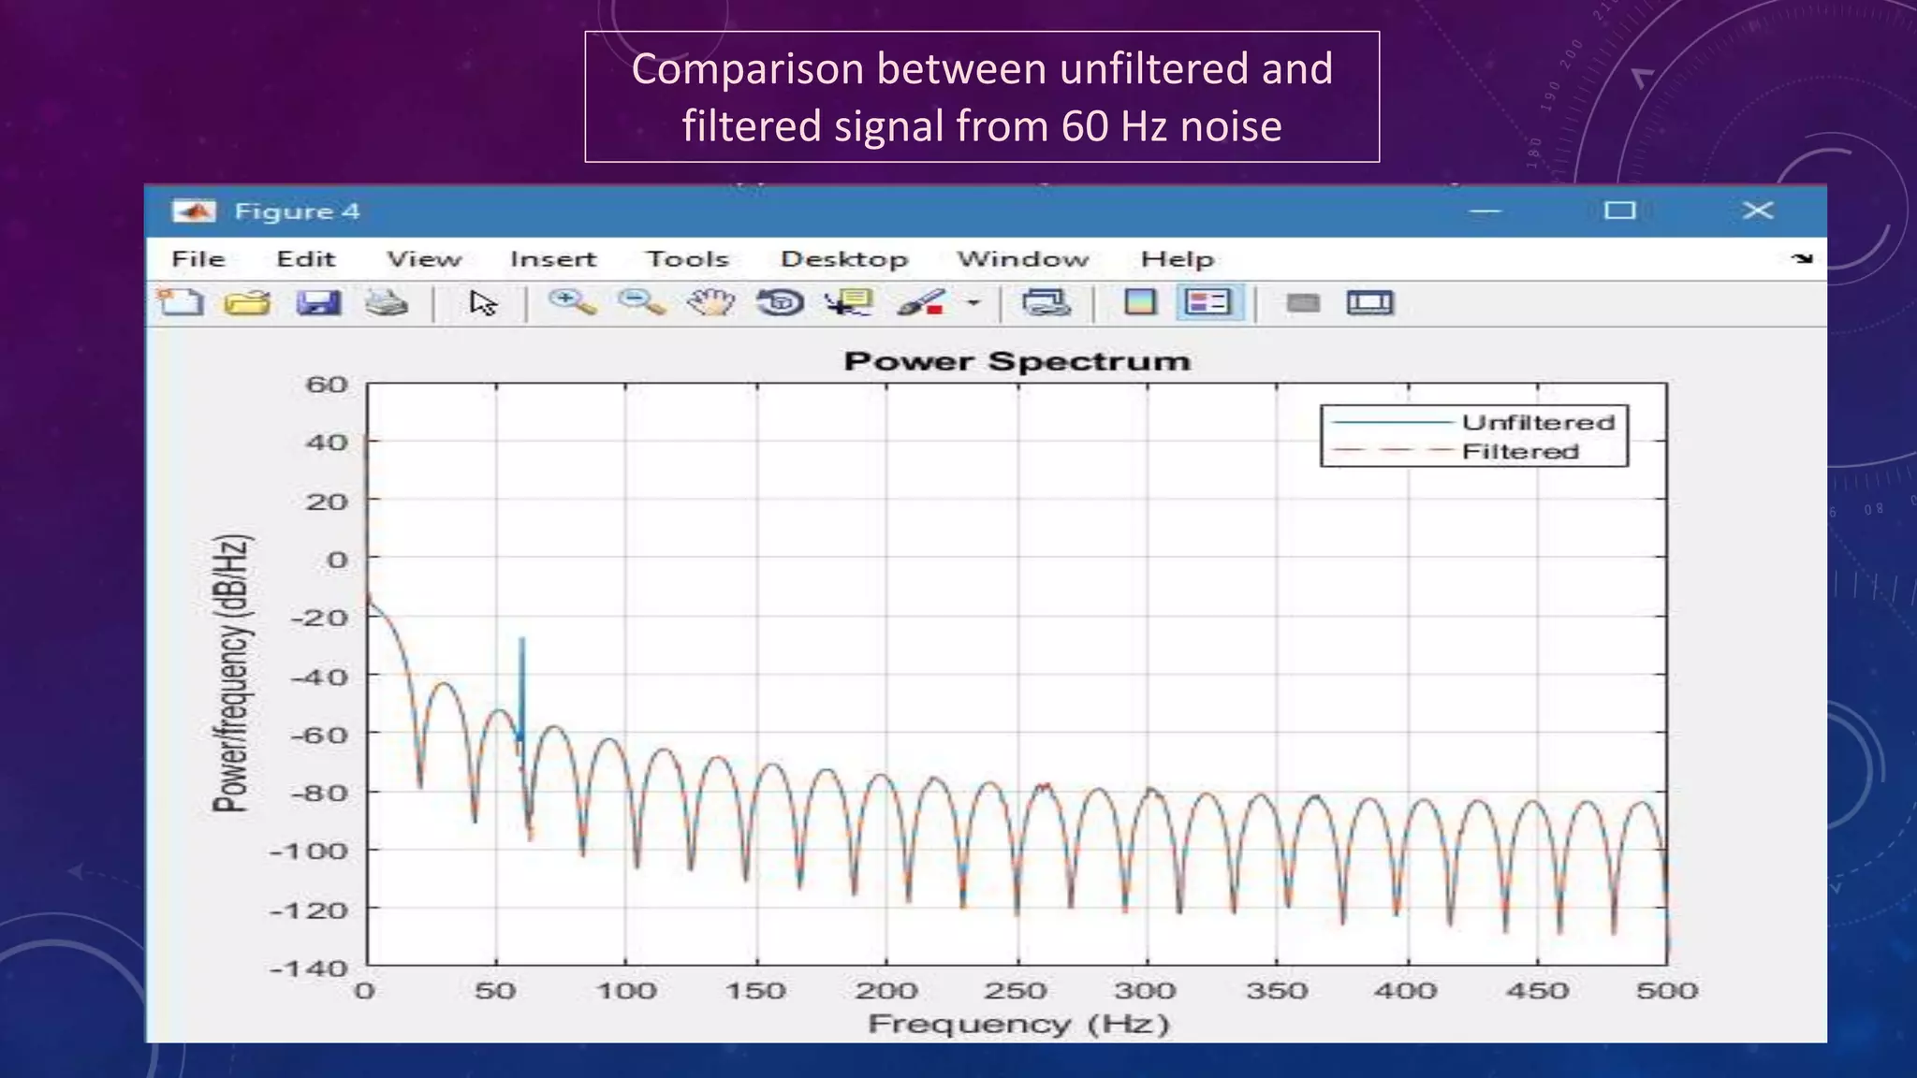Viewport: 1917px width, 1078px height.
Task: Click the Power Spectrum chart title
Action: pos(1017,361)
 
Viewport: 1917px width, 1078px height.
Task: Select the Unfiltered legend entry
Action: pos(1538,422)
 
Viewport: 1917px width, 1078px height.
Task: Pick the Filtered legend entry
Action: pos(1520,452)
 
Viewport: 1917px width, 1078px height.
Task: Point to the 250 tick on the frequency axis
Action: pos(1016,990)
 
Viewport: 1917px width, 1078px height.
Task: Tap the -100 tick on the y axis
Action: pos(308,852)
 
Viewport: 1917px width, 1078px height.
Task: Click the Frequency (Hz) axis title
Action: pos(1018,1024)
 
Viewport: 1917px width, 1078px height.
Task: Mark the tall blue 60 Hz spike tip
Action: pos(522,640)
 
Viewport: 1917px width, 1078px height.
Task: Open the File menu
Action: pos(198,259)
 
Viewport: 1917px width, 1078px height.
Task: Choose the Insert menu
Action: pos(552,259)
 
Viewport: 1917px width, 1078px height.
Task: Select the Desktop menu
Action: pos(844,259)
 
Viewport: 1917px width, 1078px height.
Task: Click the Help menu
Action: pos(1177,259)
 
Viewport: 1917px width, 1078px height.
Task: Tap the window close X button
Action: pos(1757,211)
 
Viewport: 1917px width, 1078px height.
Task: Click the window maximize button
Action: pos(1619,211)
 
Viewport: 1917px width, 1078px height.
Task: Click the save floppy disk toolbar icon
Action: pos(318,303)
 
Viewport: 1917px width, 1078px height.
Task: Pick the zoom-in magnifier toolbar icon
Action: pos(571,302)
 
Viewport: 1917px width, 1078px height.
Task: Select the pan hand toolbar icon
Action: pos(711,302)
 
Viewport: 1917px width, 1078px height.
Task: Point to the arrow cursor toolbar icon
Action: pos(483,303)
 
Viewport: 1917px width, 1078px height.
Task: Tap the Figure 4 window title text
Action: pos(297,211)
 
